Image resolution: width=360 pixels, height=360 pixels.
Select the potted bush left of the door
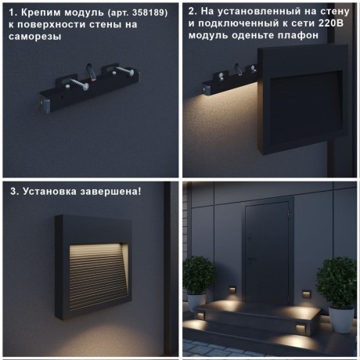click(199, 273)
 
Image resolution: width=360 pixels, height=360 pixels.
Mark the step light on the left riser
click(200, 315)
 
